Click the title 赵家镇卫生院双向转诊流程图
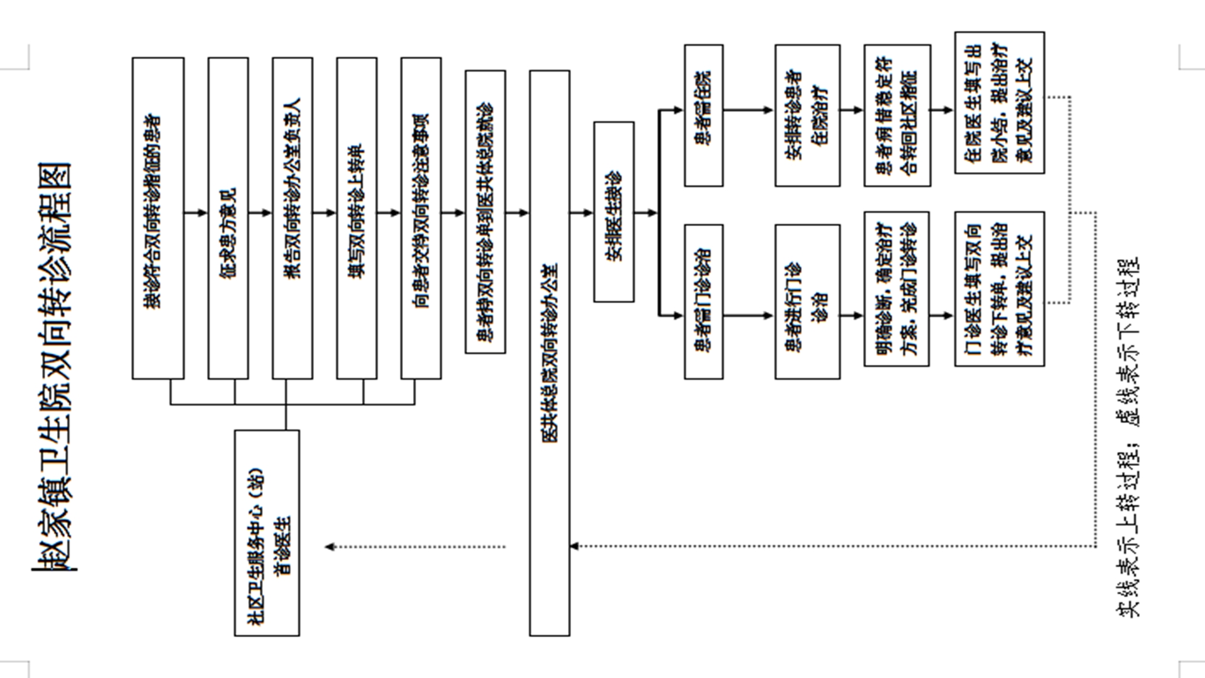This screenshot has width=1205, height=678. click(53, 367)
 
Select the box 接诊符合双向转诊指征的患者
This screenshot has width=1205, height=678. click(158, 218)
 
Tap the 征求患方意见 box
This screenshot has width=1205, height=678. click(228, 218)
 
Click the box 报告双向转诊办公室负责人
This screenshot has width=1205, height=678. click(292, 218)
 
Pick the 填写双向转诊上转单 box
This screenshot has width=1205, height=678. click(356, 218)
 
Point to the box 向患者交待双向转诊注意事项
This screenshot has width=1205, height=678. click(421, 218)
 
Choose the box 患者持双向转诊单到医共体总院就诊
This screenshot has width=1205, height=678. click(485, 212)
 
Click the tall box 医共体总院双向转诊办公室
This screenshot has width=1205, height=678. click(550, 353)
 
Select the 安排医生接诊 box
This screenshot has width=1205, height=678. click(614, 212)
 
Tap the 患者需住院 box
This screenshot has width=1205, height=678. click(704, 115)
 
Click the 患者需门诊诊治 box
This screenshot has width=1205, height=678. click(704, 301)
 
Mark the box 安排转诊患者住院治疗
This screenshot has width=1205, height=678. click(807, 115)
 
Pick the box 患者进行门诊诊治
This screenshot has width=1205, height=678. click(807, 301)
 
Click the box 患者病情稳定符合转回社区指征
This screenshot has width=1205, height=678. click(897, 115)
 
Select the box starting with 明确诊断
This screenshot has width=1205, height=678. click(896, 289)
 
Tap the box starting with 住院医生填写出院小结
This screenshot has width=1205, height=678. click(999, 102)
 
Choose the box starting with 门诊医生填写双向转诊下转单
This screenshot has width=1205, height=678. click(999, 289)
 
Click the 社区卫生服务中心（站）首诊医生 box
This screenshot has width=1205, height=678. click(267, 532)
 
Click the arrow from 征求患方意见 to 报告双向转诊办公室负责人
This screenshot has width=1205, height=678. click(260, 213)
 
